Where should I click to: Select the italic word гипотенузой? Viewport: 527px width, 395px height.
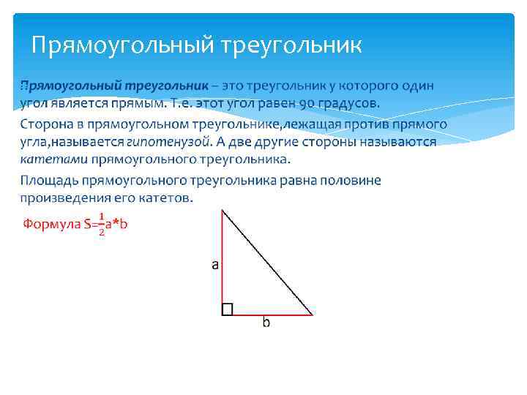click(164, 141)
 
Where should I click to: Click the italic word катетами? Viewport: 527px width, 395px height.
click(53, 159)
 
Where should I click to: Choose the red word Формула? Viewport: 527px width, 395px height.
click(51, 224)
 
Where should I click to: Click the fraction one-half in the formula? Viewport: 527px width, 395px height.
click(102, 224)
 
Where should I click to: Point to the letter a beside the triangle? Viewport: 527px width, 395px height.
click(215, 265)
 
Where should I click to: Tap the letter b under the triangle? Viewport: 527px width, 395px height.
click(266, 323)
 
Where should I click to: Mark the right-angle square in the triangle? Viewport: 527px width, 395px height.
click(227, 309)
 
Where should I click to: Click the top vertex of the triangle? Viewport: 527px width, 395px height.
click(222, 211)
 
